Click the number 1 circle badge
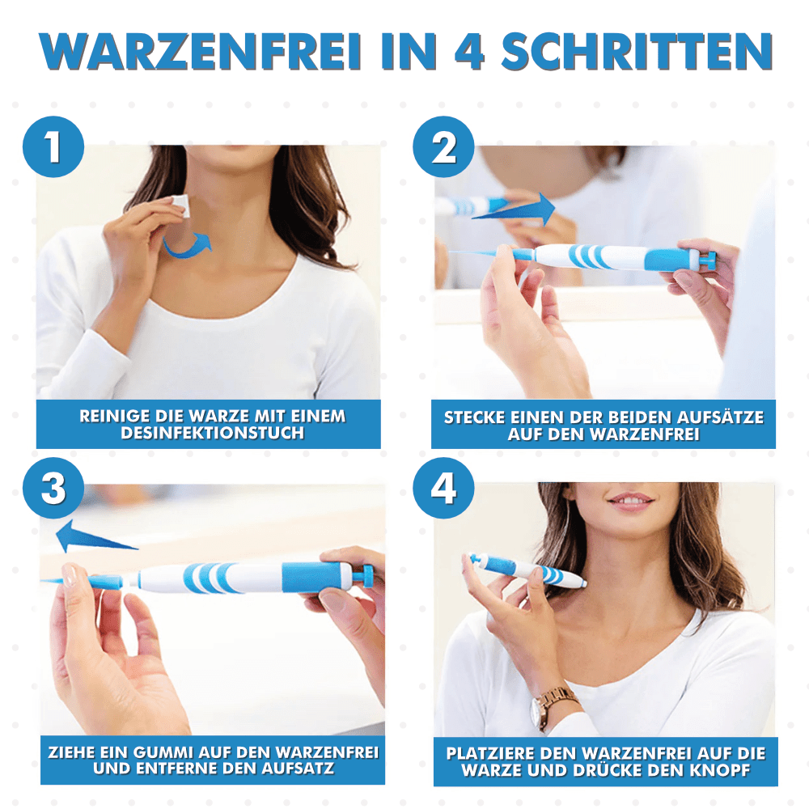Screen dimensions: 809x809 click(53, 147)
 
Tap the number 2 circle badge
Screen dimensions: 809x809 click(443, 147)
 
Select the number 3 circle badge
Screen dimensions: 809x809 click(53, 489)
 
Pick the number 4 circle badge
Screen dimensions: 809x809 click(443, 489)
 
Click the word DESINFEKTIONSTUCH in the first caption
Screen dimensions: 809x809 click(212, 434)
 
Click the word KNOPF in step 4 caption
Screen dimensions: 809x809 click(728, 769)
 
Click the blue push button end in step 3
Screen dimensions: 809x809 click(366, 575)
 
